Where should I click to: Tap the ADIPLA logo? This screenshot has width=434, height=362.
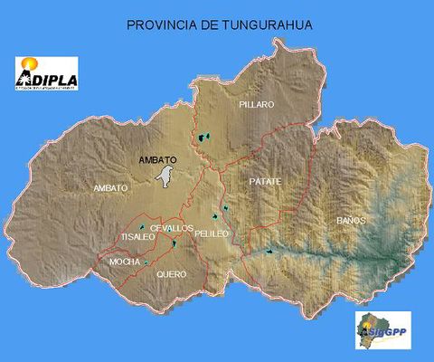(x=47, y=75)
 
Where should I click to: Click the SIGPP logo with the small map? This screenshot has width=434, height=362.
(x=382, y=330)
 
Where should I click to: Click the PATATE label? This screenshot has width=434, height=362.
(x=265, y=182)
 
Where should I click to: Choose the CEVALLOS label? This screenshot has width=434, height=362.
(x=171, y=228)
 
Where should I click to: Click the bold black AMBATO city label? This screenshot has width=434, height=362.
(x=157, y=160)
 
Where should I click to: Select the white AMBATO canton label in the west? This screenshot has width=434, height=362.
(x=110, y=187)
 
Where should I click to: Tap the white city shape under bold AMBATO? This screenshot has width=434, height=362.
(x=165, y=176)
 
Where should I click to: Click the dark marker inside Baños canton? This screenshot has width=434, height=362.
(x=270, y=251)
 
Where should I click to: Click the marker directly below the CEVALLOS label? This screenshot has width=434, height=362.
(x=174, y=243)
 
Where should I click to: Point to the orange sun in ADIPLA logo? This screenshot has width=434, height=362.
(x=29, y=64)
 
